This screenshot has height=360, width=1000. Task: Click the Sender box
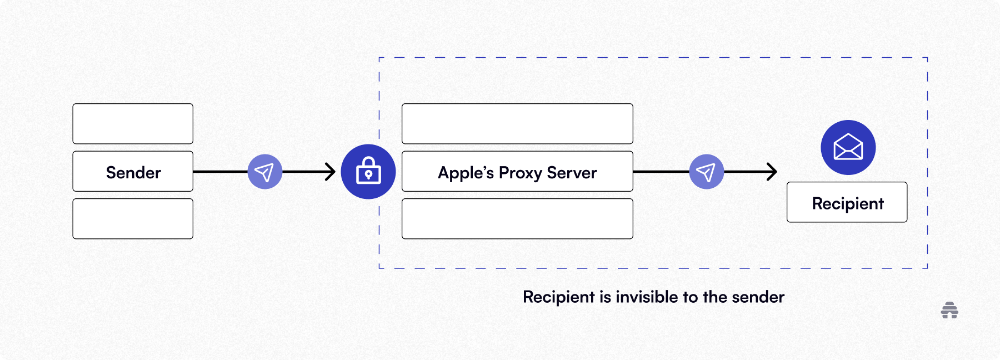pos(133,172)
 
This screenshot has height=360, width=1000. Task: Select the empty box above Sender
pos(133,124)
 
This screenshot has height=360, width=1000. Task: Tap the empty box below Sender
pos(133,219)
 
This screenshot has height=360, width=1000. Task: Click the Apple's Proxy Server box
pos(517,172)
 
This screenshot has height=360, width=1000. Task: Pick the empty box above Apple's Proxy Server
pos(517,124)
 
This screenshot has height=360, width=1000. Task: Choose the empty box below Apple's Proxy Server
pos(517,219)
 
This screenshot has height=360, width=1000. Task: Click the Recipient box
pos(847,203)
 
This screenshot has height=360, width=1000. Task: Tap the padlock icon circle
pos(368,172)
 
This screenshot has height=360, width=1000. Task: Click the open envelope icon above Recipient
pos(848,148)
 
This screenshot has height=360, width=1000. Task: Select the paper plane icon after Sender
pos(265,172)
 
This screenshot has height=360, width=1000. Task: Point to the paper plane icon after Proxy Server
pos(706,172)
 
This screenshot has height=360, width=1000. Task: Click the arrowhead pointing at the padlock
pos(331,172)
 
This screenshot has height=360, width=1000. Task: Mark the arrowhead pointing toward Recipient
pos(772,172)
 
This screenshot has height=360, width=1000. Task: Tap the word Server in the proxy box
pos(572,173)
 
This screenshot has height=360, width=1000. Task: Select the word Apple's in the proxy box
pos(466,173)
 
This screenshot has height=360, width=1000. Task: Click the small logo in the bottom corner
pos(949,310)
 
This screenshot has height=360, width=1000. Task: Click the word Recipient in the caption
pos(558,297)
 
